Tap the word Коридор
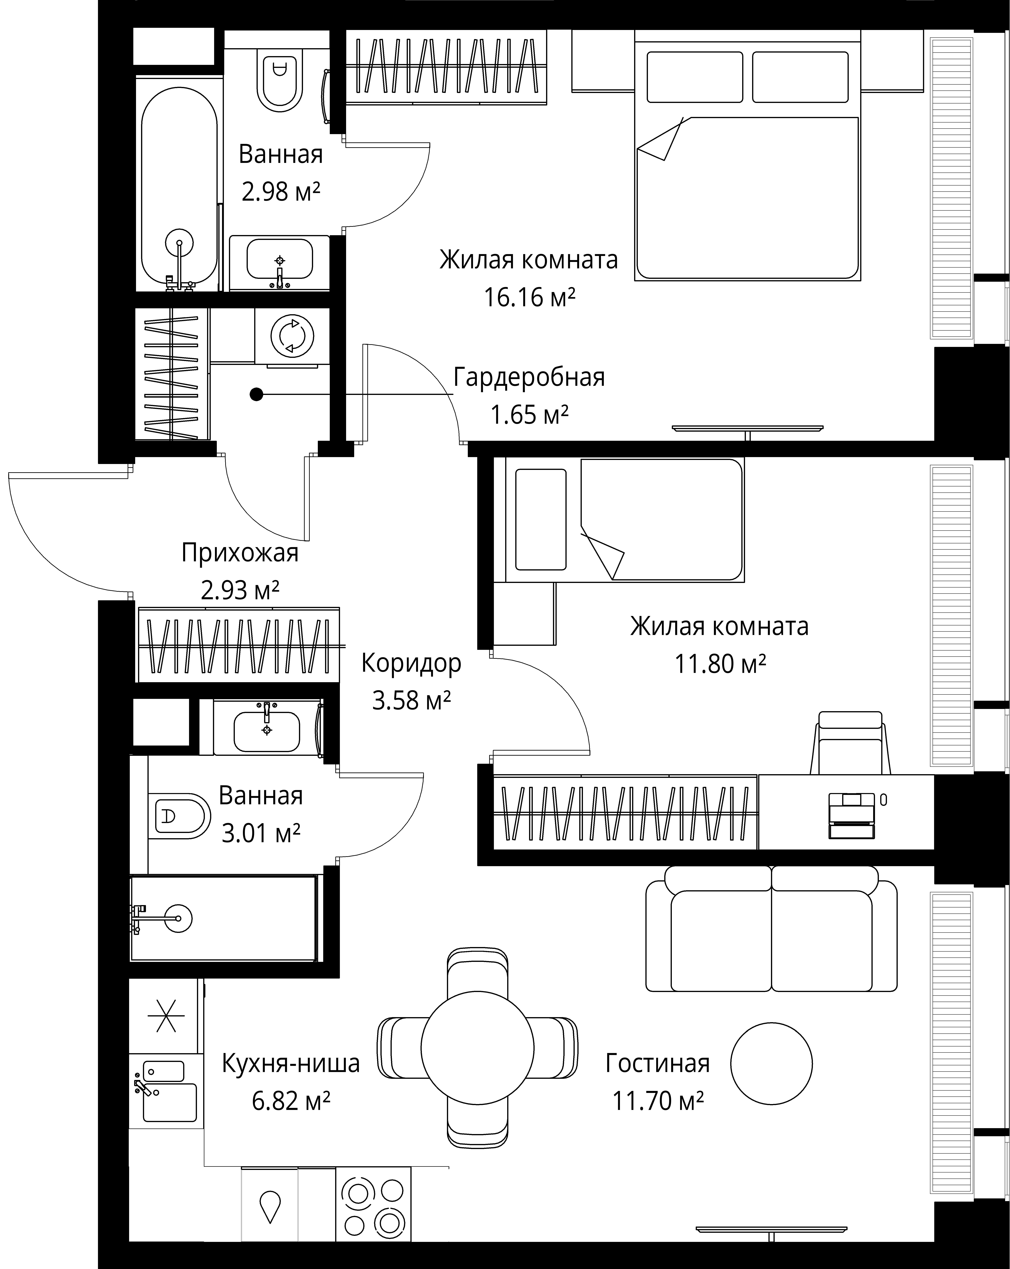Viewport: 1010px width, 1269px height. coord(411,663)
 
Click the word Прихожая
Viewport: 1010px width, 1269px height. coord(240,553)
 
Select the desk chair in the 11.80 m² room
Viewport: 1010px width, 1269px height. coord(850,743)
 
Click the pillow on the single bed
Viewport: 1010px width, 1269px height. coord(541,519)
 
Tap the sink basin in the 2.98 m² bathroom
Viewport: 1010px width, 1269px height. coord(279,259)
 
